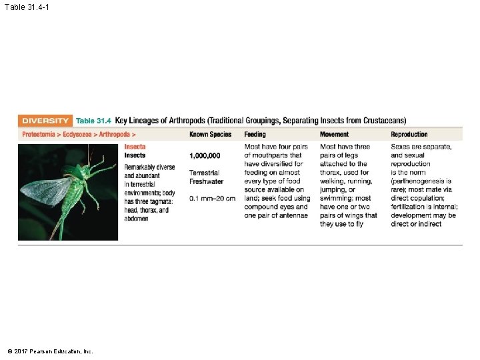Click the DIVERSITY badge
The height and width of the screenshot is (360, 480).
tap(45, 121)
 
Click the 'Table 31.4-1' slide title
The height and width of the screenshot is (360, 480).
tap(27, 7)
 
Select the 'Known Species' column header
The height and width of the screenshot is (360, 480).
tap(210, 135)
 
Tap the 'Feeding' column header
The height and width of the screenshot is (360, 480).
tap(255, 135)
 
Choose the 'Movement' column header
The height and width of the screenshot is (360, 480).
tap(334, 135)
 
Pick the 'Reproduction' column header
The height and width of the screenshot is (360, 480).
tap(409, 135)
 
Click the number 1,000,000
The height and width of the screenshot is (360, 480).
tap(208, 155)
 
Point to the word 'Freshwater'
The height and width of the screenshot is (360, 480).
tap(207, 181)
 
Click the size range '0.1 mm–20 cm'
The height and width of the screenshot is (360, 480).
tap(212, 199)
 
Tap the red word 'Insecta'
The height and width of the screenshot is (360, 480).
tap(135, 147)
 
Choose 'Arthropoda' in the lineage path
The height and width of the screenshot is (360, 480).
tap(115, 135)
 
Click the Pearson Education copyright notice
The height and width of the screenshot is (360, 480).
tap(50, 351)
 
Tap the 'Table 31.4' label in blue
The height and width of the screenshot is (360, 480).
tap(93, 121)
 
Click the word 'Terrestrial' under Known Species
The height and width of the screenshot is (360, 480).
tap(204, 173)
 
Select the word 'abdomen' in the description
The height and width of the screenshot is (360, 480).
tap(137, 219)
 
